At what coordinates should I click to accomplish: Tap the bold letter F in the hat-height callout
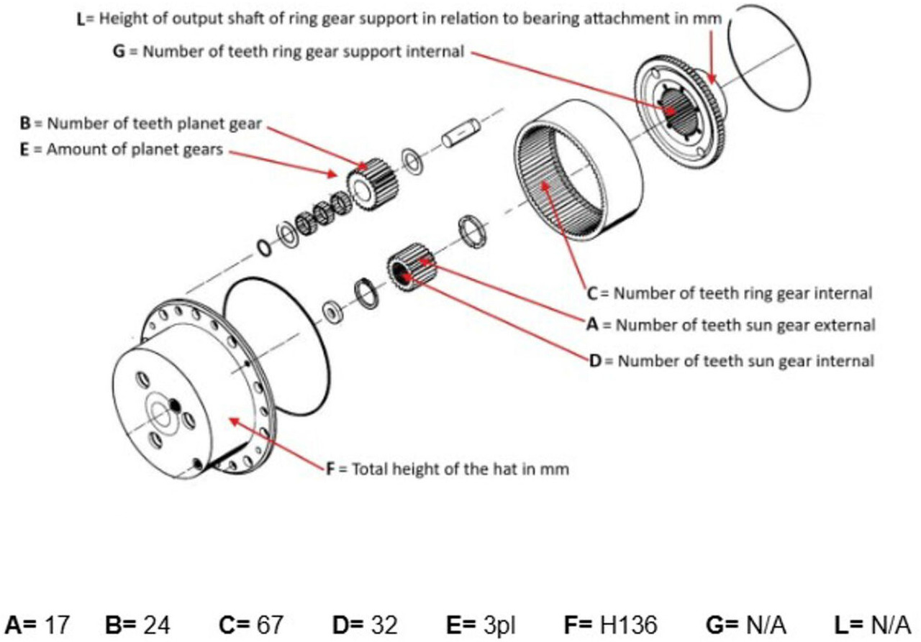(331, 469)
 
